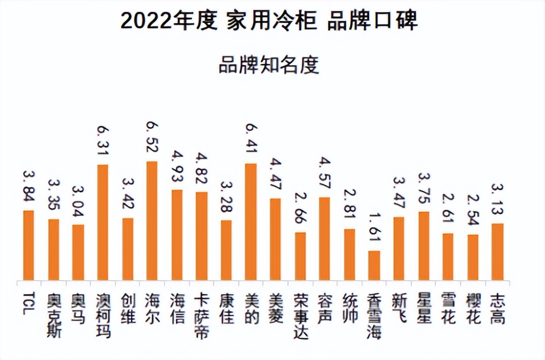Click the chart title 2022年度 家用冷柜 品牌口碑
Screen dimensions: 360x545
pos(269,21)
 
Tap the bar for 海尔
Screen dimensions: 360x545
pos(152,221)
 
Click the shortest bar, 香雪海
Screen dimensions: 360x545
pos(374,266)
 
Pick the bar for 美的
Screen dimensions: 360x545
pos(251,223)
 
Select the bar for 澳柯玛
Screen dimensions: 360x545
pos(102,223)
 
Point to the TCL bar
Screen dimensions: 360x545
pos(29,246)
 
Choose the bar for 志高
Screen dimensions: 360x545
pos(497,252)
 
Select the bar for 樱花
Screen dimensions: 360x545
pos(473,258)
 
